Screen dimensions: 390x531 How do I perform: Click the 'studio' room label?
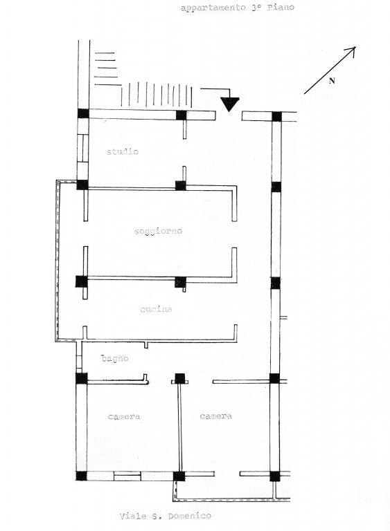click(123, 151)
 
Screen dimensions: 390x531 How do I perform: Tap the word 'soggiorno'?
click(158, 232)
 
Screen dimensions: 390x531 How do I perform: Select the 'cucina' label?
click(156, 309)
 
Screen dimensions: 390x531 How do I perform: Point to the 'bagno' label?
click(115, 358)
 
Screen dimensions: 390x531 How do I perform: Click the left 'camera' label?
click(124, 416)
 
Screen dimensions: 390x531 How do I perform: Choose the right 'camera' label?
click(216, 416)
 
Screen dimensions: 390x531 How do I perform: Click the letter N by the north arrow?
click(332, 81)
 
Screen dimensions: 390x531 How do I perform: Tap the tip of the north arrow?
click(355, 47)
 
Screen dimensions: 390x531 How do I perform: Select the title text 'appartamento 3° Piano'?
click(238, 8)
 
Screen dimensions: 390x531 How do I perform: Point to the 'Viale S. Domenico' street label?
click(166, 516)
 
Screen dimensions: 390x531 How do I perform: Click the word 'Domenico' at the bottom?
click(189, 516)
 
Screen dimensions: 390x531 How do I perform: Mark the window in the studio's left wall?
click(82, 149)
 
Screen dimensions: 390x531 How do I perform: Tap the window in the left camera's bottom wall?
click(127, 476)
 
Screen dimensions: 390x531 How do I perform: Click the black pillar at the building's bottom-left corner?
click(81, 476)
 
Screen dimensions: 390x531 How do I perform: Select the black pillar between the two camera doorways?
click(179, 378)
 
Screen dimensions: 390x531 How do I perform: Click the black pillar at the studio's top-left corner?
click(83, 113)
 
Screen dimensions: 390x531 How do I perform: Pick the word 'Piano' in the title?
click(281, 7)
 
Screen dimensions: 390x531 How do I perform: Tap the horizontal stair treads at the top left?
click(107, 68)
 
